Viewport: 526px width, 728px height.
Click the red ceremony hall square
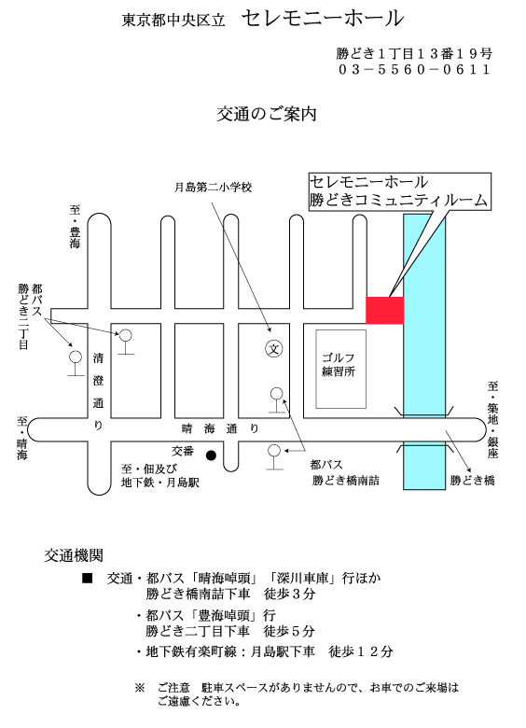[x=384, y=310]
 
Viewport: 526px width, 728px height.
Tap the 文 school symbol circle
[x=274, y=349]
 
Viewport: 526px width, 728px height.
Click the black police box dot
[x=211, y=455]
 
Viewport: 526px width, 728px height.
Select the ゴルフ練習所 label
[x=339, y=364]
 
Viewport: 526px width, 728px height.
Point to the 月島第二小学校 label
[x=213, y=188]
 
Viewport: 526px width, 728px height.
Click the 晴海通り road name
[x=220, y=428]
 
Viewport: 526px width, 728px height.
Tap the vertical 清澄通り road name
[x=98, y=391]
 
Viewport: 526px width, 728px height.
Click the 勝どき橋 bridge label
[x=472, y=480]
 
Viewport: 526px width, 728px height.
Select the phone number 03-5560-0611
[x=414, y=70]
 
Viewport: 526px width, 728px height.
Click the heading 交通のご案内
[x=267, y=114]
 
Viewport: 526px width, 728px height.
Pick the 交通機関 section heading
[x=74, y=555]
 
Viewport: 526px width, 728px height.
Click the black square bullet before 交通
[x=88, y=578]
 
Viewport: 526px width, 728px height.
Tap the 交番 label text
[x=183, y=451]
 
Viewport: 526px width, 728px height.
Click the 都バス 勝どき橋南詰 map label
[x=346, y=472]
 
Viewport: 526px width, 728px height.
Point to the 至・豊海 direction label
[x=75, y=227]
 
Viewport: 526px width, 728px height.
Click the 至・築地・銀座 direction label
[x=492, y=420]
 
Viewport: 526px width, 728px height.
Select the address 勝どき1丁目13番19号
[x=414, y=54]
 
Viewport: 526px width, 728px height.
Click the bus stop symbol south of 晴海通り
[x=274, y=457]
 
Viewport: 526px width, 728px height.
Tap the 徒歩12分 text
[x=361, y=651]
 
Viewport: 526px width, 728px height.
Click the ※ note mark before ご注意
[x=140, y=688]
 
